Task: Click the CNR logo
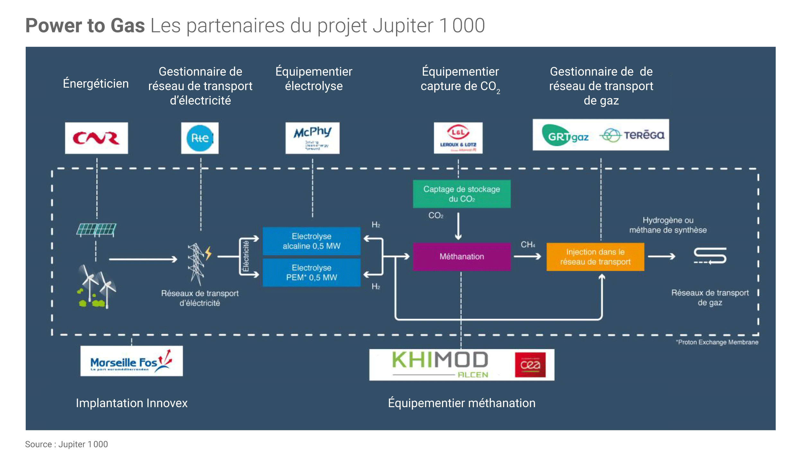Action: coord(96,138)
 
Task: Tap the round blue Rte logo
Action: coord(200,138)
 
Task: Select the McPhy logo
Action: coord(312,137)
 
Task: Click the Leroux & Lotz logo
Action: coord(458,137)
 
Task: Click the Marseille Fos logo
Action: coord(131,362)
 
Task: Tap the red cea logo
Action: coord(530,365)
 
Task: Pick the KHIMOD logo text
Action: coord(440,360)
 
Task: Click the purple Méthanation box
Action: coord(462,257)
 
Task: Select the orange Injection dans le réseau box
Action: coord(595,257)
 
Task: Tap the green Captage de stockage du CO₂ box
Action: coord(462,194)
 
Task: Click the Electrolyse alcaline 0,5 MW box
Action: coord(311,241)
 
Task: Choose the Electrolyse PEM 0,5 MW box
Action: coord(311,273)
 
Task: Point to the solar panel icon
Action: coord(96,230)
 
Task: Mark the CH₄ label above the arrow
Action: coord(528,245)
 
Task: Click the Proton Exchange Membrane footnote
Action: coord(717,342)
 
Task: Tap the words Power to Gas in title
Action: coord(85,26)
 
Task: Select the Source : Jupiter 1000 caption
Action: coord(66,444)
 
